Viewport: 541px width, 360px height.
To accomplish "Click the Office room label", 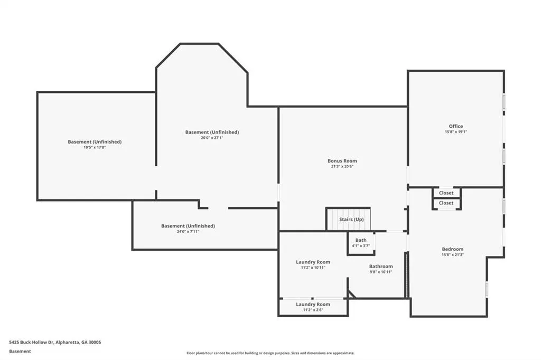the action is click(456, 126).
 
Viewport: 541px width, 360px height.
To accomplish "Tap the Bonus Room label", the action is click(342, 160).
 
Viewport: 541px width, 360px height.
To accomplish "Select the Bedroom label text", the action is click(453, 249).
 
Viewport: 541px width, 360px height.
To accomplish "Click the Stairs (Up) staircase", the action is click(349, 219).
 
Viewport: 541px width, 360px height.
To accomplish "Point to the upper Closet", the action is click(446, 193).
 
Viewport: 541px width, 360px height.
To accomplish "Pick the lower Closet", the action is click(446, 203).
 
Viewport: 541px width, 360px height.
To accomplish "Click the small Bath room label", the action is click(361, 240).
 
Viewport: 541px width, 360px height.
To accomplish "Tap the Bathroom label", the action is click(381, 266).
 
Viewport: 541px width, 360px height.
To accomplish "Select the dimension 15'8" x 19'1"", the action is click(456, 132).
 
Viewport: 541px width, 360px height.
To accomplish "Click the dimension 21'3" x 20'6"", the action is click(342, 166).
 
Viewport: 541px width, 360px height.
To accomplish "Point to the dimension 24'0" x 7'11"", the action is click(188, 231).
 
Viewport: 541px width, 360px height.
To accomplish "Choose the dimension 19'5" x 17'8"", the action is click(95, 147).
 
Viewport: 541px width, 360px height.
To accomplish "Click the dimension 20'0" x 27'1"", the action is click(212, 138).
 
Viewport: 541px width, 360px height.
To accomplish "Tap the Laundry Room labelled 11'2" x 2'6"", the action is click(313, 304).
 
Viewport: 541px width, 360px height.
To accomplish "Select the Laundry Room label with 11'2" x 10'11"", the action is click(313, 262).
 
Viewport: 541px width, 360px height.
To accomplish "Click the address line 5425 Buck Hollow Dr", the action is click(55, 343).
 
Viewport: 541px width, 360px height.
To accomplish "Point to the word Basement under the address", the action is click(20, 352).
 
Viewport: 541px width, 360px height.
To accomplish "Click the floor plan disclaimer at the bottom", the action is click(270, 353).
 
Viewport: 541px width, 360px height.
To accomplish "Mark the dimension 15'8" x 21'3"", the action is click(453, 255).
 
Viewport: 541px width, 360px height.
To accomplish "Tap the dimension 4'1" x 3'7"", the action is click(361, 245).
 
